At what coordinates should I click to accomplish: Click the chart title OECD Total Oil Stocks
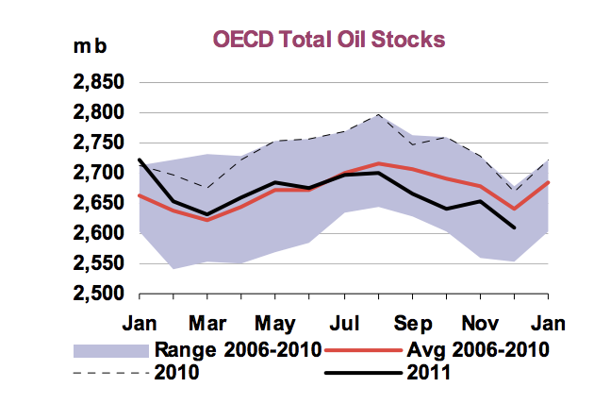328,40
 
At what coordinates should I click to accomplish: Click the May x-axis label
273,321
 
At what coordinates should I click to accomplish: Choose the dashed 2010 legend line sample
110,372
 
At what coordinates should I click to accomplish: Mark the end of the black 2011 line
514,227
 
